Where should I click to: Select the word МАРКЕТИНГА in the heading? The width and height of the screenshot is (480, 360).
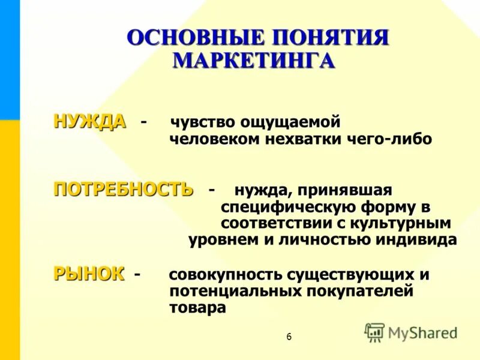[x=254, y=61]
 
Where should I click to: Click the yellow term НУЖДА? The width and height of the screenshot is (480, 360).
[x=90, y=121]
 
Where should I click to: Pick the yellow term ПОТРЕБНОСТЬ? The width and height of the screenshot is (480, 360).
[x=124, y=189]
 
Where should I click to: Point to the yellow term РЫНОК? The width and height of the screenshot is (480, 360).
[x=89, y=274]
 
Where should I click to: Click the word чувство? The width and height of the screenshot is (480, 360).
[x=203, y=122]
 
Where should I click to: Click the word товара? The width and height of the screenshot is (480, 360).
[x=197, y=308]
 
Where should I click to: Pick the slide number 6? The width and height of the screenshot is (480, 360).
[x=289, y=337]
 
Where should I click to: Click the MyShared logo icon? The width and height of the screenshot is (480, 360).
[x=374, y=332]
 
